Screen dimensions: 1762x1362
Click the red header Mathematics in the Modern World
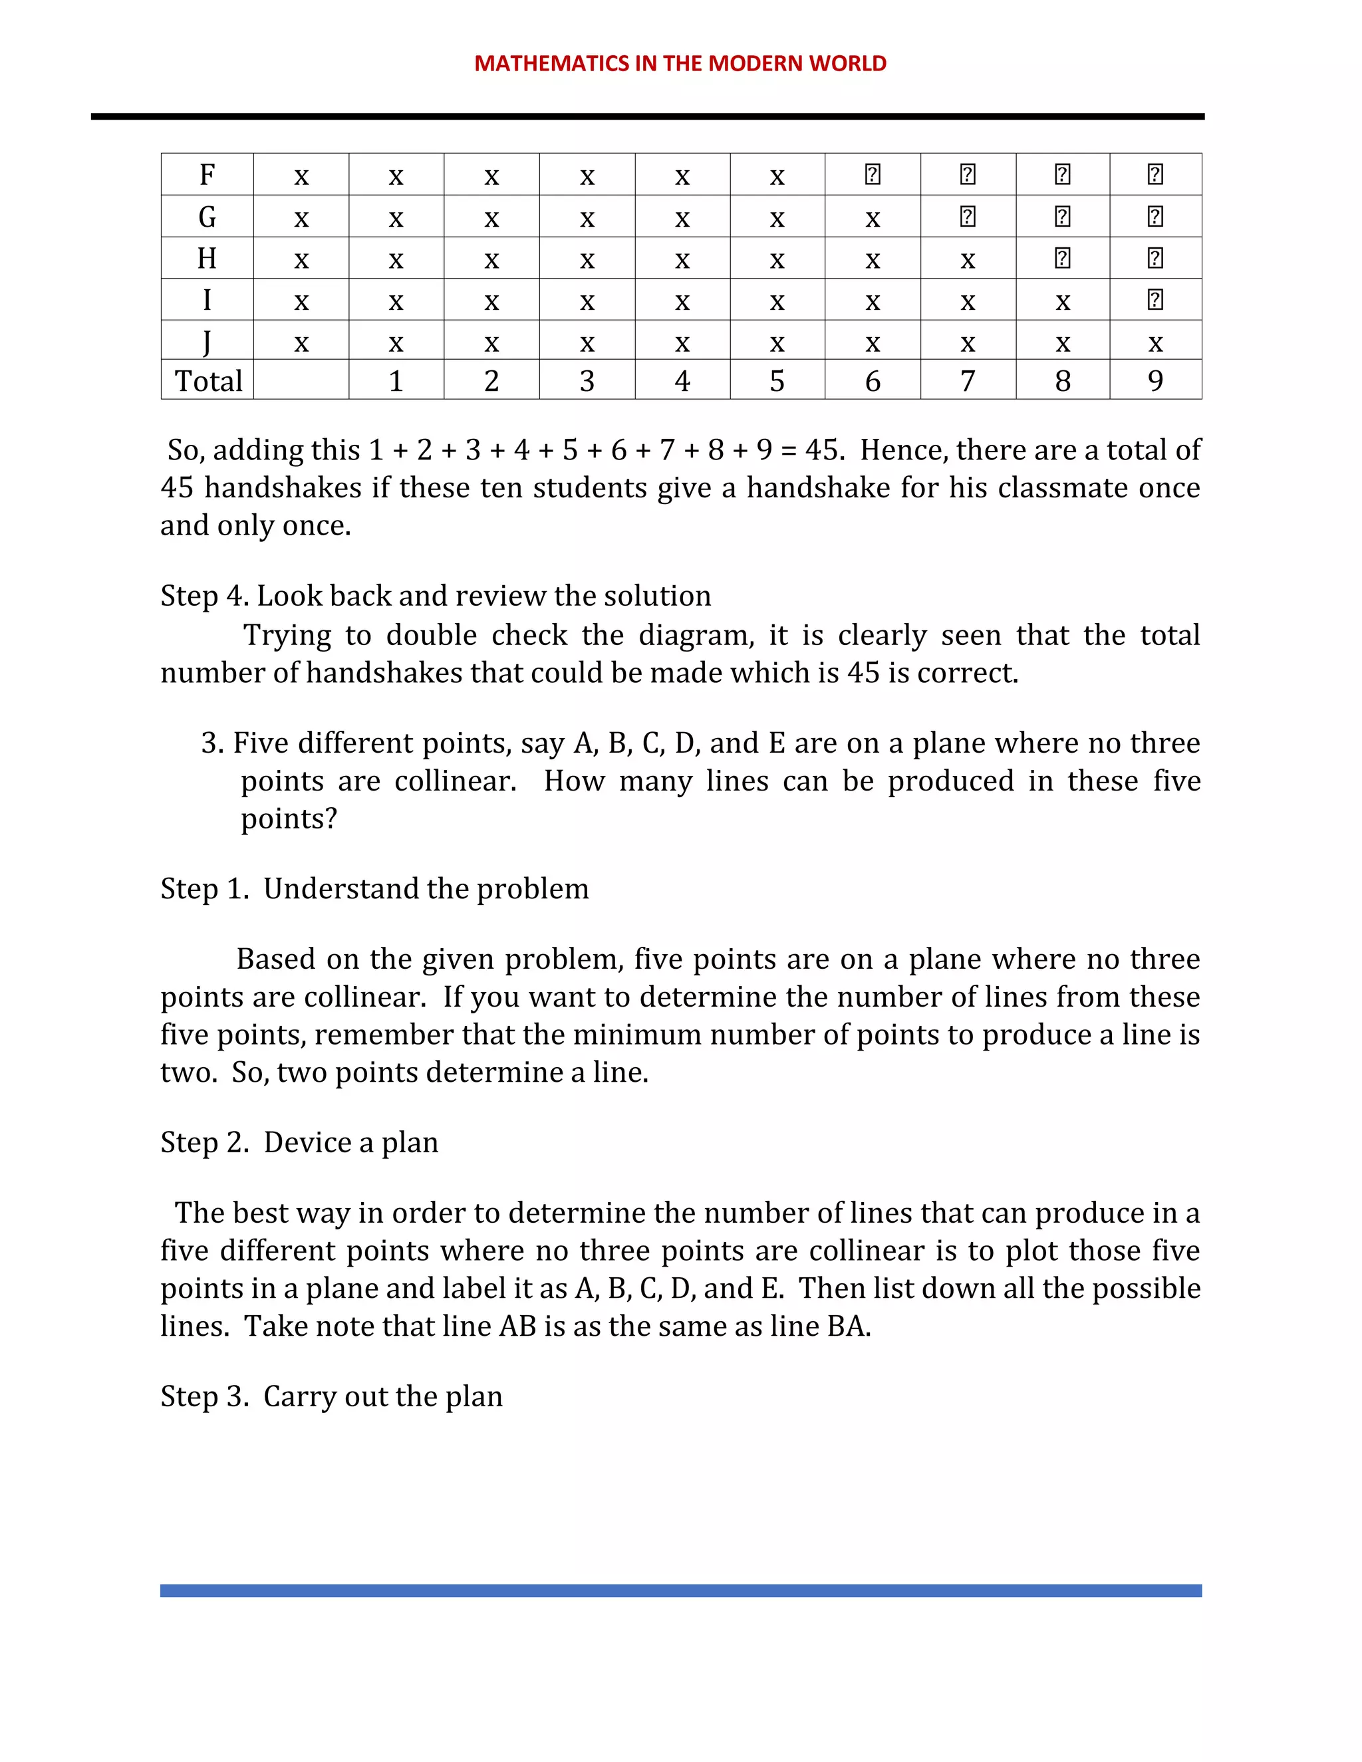680,63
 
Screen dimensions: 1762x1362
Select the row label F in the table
207,174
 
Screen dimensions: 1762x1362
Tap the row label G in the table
207,216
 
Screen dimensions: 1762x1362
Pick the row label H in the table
207,258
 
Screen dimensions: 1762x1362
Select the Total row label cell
208,381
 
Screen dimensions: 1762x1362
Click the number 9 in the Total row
1155,381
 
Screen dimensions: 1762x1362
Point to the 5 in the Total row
776,381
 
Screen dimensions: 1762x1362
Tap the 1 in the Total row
396,381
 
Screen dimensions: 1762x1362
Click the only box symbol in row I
1155,300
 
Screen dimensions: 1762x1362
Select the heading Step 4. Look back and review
436,595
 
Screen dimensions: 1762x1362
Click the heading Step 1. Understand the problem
374,888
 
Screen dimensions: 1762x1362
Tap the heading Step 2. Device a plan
299,1142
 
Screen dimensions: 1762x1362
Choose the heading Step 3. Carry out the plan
332,1396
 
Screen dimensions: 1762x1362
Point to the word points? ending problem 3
289,819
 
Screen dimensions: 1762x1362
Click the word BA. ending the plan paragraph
849,1326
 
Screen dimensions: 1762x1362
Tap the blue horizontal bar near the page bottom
680,1590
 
